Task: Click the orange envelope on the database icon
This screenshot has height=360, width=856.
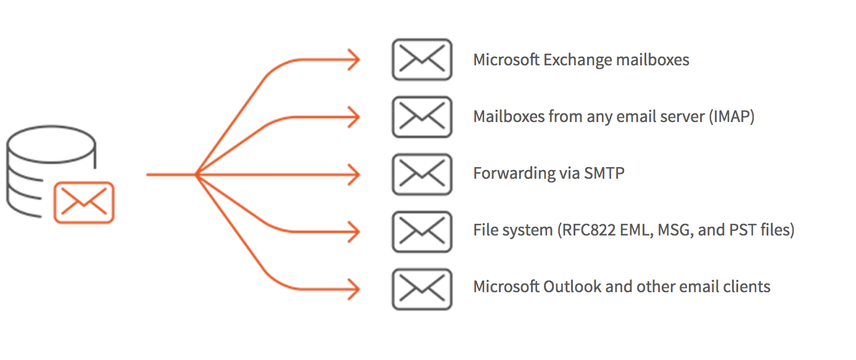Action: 84,202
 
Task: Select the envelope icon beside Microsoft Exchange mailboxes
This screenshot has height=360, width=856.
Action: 422,60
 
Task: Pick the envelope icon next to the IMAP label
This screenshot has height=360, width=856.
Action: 422,117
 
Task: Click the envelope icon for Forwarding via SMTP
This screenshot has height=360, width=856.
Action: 422,174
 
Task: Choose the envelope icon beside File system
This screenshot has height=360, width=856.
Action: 422,231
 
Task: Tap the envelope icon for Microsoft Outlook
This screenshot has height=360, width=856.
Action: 422,288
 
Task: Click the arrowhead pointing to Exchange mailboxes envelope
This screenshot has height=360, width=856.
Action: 354,60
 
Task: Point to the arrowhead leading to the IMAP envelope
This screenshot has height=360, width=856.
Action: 354,117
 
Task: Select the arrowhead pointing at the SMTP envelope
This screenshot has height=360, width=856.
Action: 354,174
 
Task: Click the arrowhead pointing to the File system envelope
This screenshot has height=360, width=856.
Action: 354,232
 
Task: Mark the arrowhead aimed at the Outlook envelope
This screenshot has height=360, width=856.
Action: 354,288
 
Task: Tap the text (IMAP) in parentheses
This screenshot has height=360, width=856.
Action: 731,117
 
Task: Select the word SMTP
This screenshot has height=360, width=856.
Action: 603,173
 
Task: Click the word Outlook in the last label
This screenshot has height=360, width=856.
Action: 568,287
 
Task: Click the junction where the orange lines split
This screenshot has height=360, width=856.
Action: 196,174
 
